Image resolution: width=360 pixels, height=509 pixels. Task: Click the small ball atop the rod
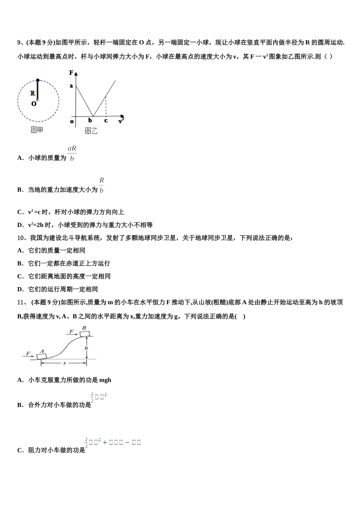(x=38, y=80)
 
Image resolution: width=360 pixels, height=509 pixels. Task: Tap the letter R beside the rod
(x=33, y=93)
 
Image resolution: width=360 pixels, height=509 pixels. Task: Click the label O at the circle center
(x=34, y=104)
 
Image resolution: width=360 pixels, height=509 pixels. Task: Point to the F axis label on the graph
(x=71, y=72)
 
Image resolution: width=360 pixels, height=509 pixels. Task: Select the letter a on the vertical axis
(x=71, y=86)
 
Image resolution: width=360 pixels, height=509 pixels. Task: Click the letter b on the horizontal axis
(x=90, y=121)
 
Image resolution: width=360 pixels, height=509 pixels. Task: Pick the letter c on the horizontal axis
(x=106, y=121)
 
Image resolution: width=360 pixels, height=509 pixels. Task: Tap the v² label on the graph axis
(x=121, y=120)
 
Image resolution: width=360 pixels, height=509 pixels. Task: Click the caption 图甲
(x=37, y=130)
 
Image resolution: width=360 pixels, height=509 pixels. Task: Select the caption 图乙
(x=91, y=131)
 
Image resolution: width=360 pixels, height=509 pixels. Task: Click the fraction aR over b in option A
(x=72, y=153)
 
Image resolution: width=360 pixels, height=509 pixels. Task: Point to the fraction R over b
(x=102, y=185)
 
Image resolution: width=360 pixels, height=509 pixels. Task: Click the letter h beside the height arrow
(x=86, y=348)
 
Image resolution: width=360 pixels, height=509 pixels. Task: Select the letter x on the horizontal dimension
(x=64, y=363)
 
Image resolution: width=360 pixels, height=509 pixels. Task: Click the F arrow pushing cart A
(x=28, y=355)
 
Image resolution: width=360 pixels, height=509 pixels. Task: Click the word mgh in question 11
(x=105, y=380)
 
